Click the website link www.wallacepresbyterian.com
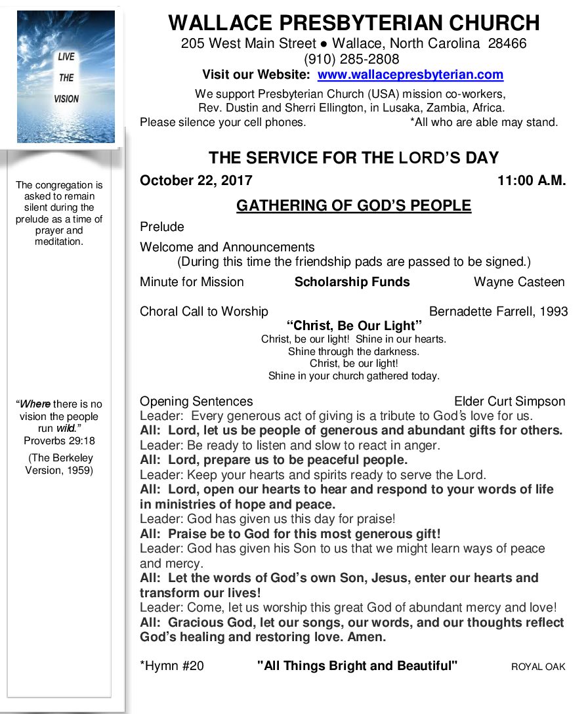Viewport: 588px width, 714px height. (x=410, y=75)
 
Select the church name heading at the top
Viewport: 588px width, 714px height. (x=354, y=24)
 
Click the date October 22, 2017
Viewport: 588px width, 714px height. (x=196, y=181)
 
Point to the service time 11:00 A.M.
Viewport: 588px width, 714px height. (x=532, y=181)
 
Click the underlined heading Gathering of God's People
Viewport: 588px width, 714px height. (x=354, y=206)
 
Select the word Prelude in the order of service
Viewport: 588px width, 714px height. (x=162, y=227)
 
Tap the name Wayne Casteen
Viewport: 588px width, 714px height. (x=519, y=282)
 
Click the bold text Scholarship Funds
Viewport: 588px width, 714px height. (x=352, y=282)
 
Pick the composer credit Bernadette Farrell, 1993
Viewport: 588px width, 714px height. (x=498, y=312)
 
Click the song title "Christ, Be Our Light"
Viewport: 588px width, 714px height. (x=354, y=326)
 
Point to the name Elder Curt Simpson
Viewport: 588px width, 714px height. (x=509, y=402)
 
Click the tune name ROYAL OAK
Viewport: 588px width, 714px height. (x=538, y=667)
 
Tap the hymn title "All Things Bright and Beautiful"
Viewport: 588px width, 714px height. (x=357, y=666)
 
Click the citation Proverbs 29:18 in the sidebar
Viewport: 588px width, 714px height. (x=59, y=441)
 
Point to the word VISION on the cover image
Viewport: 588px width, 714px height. (x=66, y=99)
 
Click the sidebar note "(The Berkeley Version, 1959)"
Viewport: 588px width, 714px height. (x=59, y=464)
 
